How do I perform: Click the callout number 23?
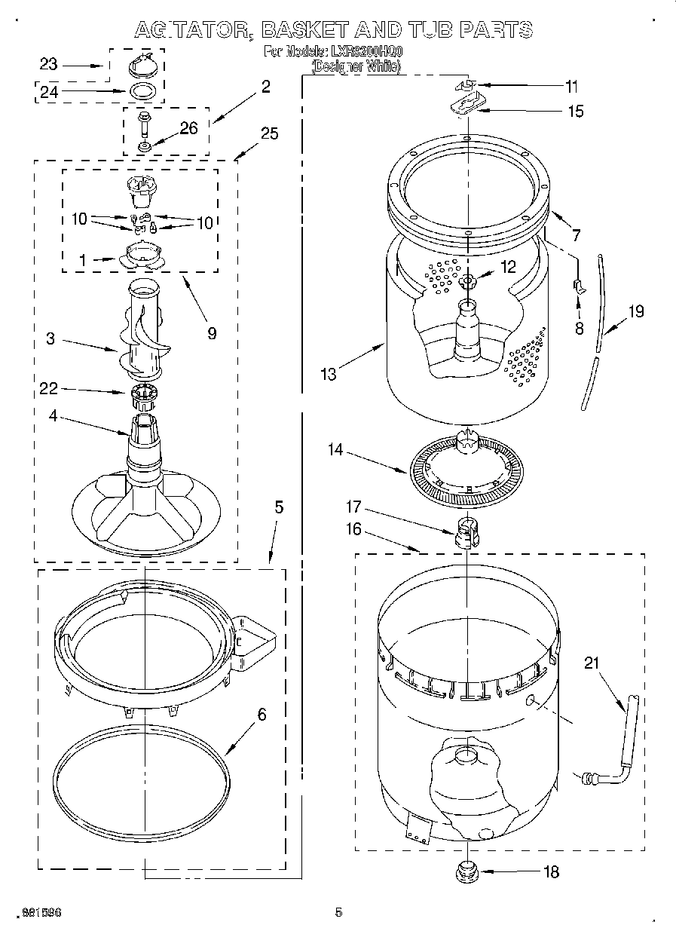point(49,65)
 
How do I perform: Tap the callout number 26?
point(188,128)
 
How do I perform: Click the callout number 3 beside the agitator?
point(50,338)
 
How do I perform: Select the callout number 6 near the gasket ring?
point(262,715)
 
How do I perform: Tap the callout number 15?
point(576,111)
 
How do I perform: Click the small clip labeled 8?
point(578,285)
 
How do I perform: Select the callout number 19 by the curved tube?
point(636,310)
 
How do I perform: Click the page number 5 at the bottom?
point(338,913)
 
